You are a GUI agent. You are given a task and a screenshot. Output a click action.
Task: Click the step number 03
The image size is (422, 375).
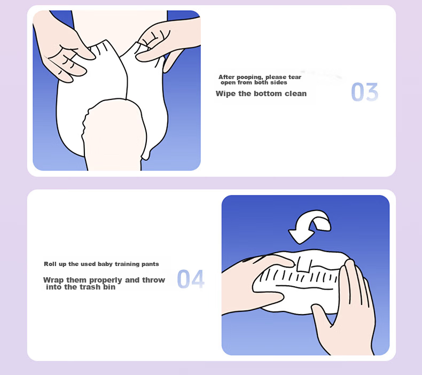point(365,92)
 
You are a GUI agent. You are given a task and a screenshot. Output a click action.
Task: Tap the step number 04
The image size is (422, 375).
point(191,279)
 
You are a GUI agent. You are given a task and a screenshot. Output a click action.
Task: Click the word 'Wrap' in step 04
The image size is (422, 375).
point(53,280)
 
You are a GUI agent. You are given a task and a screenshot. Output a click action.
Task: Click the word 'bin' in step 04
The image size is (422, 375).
point(110,287)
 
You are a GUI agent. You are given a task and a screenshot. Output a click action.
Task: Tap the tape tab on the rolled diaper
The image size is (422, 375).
point(304,263)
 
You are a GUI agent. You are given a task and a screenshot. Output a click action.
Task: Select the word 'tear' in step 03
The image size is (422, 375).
point(295,77)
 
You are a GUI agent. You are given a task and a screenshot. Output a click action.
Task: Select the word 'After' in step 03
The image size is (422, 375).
point(226,77)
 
